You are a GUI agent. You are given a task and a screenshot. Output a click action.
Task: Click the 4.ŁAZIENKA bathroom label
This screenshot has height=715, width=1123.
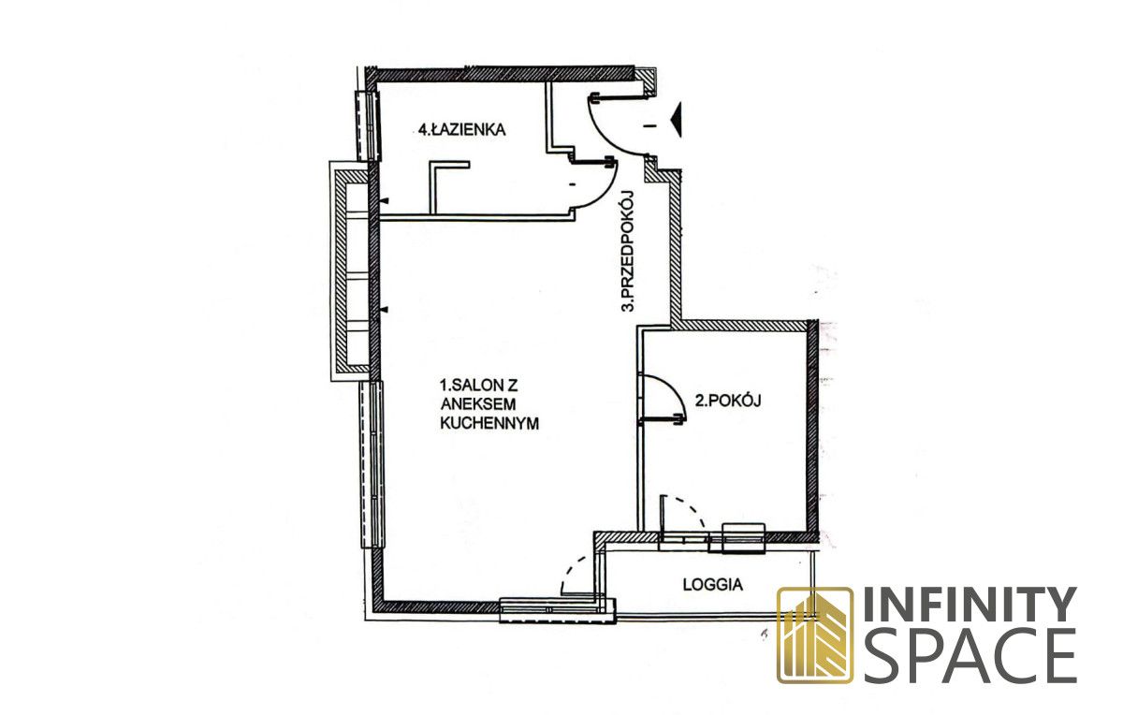click(x=461, y=130)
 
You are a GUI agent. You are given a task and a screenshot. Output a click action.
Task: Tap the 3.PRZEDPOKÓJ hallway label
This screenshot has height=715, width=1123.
click(x=628, y=252)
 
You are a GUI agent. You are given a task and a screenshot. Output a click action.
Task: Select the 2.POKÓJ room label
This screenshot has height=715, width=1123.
click(x=728, y=401)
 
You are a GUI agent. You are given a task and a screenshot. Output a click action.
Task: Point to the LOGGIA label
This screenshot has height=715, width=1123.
click(x=712, y=585)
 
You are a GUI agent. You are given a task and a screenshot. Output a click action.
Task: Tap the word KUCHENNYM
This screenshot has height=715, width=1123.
click(x=489, y=423)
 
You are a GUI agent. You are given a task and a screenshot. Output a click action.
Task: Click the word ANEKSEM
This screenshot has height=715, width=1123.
click(x=478, y=404)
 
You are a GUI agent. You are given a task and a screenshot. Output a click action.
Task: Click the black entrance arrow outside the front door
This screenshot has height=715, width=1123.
click(x=677, y=120)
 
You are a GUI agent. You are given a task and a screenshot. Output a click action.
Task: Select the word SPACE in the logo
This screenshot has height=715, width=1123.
click(x=970, y=656)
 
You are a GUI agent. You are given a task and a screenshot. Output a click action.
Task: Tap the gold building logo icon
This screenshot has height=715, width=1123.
click(x=815, y=635)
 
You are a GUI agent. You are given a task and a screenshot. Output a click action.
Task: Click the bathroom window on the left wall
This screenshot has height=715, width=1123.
click(x=368, y=125)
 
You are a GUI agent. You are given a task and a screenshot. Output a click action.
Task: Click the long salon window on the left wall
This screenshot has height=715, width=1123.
click(x=372, y=464)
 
